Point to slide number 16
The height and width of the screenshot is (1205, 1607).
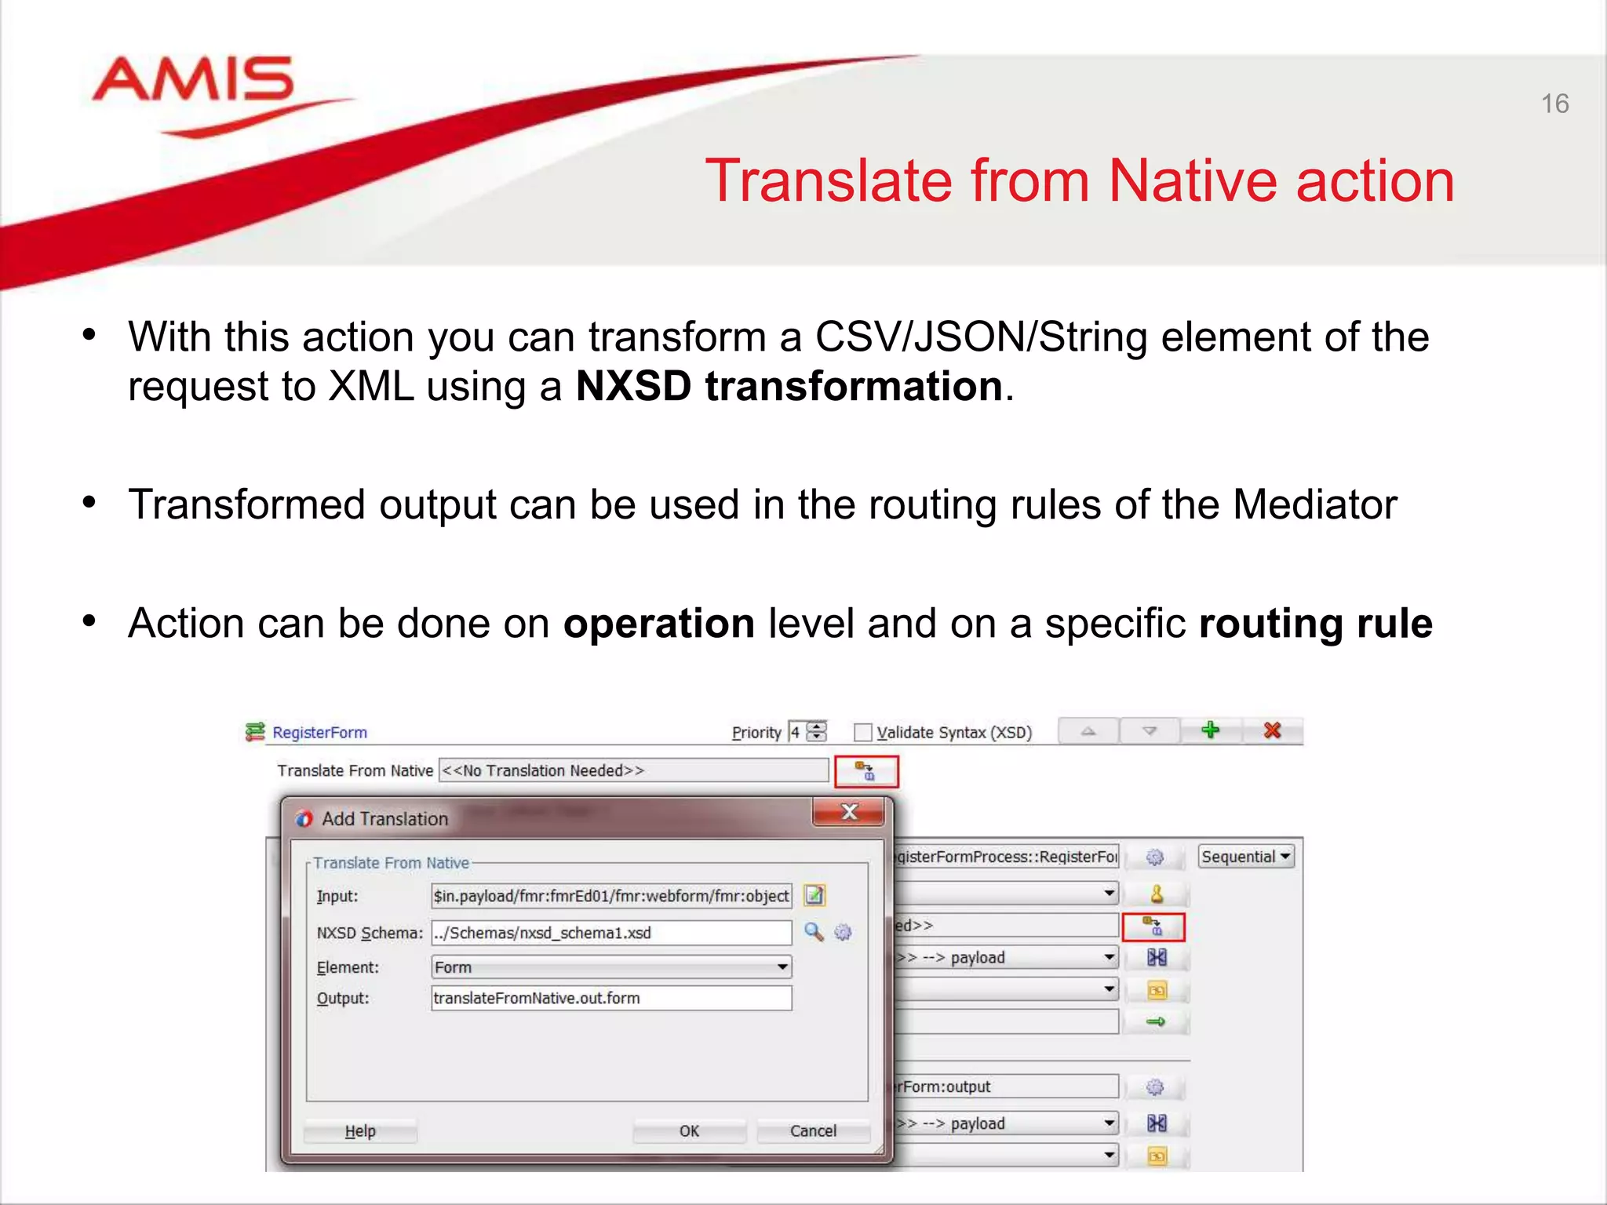pyautogui.click(x=1554, y=104)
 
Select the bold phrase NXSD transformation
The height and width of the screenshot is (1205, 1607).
pyautogui.click(x=789, y=386)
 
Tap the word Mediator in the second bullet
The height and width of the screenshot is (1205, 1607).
pyautogui.click(x=1314, y=504)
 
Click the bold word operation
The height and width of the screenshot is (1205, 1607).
pyautogui.click(x=658, y=624)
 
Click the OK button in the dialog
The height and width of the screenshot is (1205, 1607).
pyautogui.click(x=688, y=1130)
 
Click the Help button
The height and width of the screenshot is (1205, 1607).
pyautogui.click(x=360, y=1130)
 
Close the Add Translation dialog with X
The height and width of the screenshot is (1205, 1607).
pyautogui.click(x=849, y=812)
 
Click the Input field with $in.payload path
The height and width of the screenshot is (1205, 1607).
pyautogui.click(x=610, y=895)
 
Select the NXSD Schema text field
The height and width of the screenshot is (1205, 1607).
pyautogui.click(x=610, y=933)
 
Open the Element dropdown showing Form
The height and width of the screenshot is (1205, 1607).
pyautogui.click(x=610, y=967)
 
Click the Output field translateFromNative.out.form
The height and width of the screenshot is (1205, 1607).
pyautogui.click(x=610, y=998)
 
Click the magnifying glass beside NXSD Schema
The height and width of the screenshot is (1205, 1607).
pyautogui.click(x=814, y=932)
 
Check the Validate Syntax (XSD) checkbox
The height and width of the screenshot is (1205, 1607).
pyautogui.click(x=862, y=732)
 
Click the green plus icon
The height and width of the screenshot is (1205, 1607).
pyautogui.click(x=1210, y=730)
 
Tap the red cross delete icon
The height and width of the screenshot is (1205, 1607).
pyautogui.click(x=1272, y=730)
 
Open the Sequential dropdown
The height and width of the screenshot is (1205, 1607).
pyautogui.click(x=1245, y=857)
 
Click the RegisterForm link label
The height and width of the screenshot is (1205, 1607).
pyautogui.click(x=319, y=732)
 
